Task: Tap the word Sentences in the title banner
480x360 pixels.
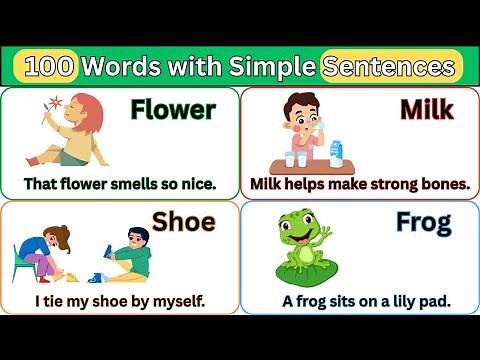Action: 391,67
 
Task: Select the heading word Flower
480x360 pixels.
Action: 173,110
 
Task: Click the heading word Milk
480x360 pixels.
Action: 427,110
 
